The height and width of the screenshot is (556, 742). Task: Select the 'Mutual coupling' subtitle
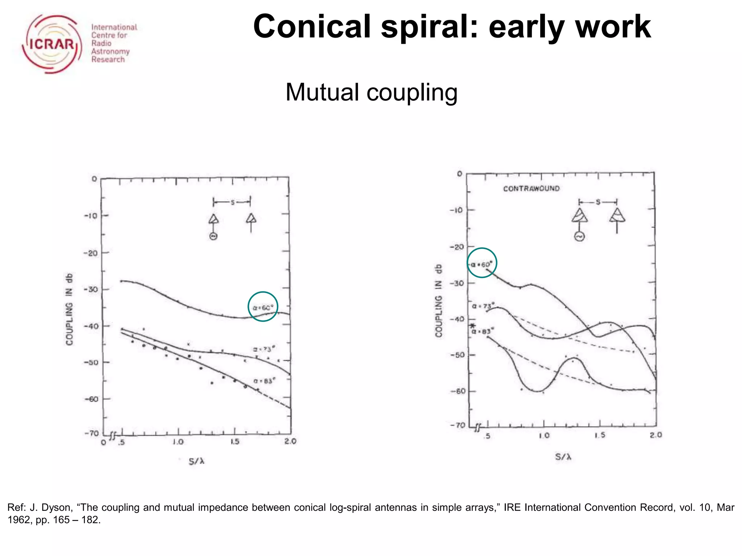point(371,92)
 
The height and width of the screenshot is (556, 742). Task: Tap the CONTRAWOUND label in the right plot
point(531,189)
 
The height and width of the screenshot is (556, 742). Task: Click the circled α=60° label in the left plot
point(263,307)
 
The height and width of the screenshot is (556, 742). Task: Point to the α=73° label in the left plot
point(264,349)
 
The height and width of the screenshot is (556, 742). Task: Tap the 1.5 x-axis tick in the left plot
point(235,442)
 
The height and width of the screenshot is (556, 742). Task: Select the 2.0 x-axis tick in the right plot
point(656,435)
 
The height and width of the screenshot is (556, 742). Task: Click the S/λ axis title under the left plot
point(197,462)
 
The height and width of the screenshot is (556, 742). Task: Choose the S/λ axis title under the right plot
point(563,457)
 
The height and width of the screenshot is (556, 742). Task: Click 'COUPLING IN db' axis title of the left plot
point(69,309)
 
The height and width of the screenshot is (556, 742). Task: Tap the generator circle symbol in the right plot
point(579,237)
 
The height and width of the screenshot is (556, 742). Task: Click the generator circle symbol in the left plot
point(213,236)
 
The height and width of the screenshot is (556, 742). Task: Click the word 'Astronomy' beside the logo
point(110,51)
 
